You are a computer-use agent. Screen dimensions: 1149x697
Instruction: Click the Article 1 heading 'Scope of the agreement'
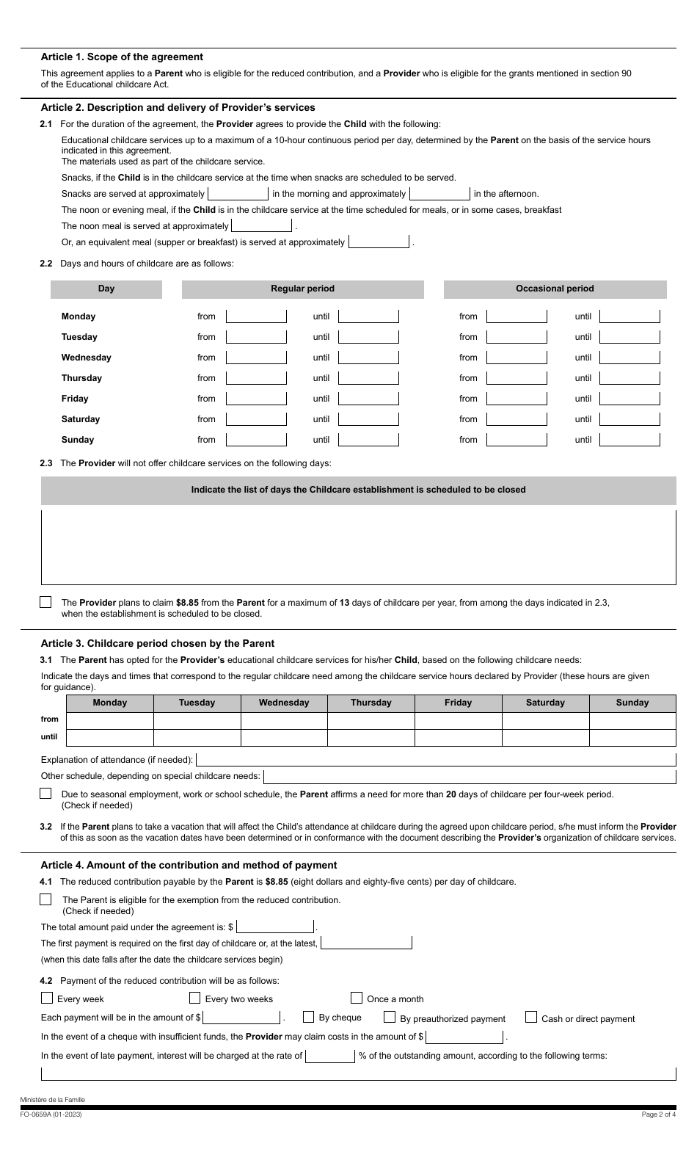(122, 57)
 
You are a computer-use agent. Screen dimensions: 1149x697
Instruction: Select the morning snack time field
(238, 194)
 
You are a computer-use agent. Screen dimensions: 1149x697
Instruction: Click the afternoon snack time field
(439, 194)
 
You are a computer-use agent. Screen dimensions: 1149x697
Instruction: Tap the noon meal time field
(261, 226)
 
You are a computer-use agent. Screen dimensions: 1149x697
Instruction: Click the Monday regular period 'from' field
(256, 316)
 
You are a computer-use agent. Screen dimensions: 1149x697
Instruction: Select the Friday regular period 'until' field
(368, 399)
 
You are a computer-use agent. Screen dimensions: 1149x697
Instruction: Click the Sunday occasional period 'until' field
(630, 440)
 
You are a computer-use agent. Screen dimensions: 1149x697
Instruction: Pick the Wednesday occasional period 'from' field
(517, 358)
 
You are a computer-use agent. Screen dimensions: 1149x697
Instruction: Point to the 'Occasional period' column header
(555, 289)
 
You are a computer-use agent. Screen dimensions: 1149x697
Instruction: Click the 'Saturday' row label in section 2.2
(81, 419)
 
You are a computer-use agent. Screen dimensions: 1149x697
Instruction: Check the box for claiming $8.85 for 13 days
(45, 602)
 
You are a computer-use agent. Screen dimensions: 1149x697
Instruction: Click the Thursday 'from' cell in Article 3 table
(371, 720)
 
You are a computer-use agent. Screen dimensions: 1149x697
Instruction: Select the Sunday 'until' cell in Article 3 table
(632, 737)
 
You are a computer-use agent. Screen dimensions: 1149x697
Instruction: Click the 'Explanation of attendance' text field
(436, 760)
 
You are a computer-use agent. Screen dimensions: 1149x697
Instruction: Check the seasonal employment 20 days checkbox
(45, 794)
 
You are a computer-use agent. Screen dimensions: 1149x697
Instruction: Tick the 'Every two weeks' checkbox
(195, 998)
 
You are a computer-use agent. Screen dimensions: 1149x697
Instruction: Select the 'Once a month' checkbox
(357, 998)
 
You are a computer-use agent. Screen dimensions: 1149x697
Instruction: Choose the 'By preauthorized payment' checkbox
(390, 1018)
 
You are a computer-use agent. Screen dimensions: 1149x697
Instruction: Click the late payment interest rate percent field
(330, 1056)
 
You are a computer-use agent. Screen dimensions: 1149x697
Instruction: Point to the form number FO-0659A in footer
(51, 1114)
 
